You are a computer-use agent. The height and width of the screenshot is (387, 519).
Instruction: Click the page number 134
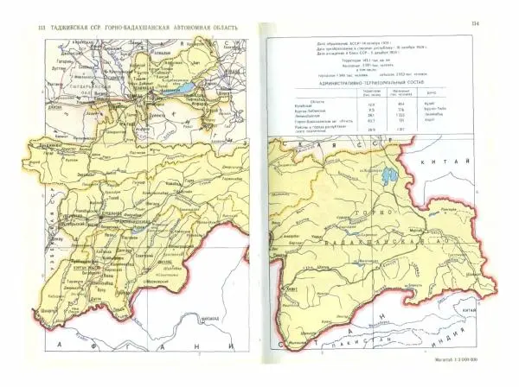pyautogui.click(x=498, y=23)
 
